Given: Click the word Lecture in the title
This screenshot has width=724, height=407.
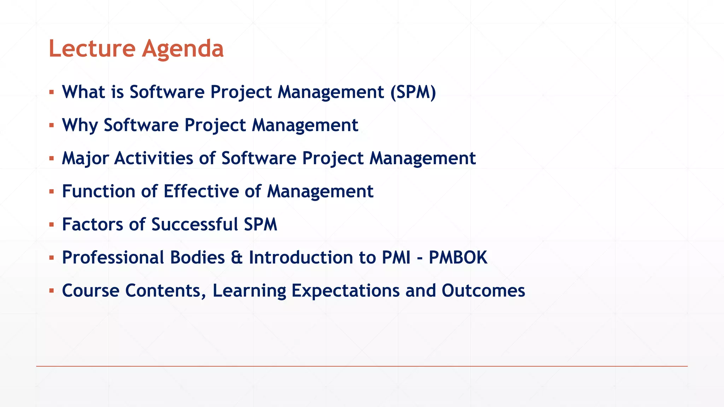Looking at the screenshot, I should (92, 48).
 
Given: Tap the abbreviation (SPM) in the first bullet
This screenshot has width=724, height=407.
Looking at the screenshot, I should (413, 92).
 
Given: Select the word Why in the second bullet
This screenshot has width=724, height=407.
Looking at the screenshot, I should (80, 125).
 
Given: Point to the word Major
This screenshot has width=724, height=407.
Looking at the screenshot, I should (85, 158).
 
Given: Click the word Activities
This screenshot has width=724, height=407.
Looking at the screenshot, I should (154, 158).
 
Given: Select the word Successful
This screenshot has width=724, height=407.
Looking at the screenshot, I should (194, 224).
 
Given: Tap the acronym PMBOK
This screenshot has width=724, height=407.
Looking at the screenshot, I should (458, 258).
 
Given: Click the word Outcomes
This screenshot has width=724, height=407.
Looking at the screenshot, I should (483, 290).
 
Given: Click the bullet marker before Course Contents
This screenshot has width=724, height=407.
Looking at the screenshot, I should (52, 291).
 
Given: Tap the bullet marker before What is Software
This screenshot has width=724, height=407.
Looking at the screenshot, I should (52, 92).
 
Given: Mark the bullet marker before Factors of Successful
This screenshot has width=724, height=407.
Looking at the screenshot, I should (52, 225).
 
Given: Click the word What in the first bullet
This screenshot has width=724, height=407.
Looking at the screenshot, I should (84, 92).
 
